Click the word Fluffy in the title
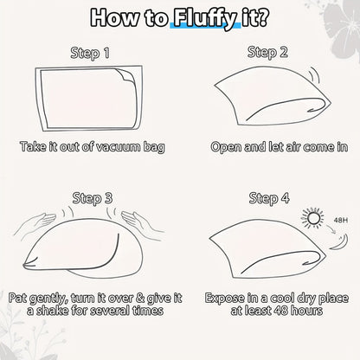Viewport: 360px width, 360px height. pos(205,18)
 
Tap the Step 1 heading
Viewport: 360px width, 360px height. pos(90,53)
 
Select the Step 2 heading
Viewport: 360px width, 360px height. pos(267,53)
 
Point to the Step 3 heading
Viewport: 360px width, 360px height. pos(93,198)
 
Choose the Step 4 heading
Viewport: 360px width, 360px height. pos(269,198)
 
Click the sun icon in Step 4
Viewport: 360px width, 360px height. pos(312,217)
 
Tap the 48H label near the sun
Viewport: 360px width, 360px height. pos(341,221)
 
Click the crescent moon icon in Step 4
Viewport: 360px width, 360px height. pos(340,243)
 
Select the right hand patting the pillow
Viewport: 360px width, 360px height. pos(142,222)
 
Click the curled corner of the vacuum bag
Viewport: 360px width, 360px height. pos(125,75)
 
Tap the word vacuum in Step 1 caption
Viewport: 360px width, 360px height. pos(118,147)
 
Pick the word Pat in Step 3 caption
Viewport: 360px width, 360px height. pos(18,298)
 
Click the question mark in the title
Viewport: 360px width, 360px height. pos(262,18)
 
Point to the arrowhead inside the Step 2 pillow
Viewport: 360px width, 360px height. pos(312,109)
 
